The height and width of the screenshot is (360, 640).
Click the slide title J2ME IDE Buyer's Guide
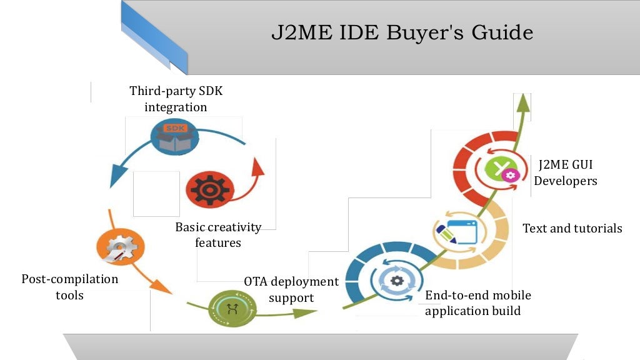(402, 32)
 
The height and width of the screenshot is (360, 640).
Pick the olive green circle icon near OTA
(232, 307)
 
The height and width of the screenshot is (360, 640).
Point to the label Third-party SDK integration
(176, 99)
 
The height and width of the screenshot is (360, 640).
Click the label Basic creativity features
(218, 234)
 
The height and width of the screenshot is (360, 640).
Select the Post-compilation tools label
(69, 286)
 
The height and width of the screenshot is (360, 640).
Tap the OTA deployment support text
(291, 289)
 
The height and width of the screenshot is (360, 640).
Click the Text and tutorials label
(572, 228)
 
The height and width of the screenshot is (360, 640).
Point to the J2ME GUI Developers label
(566, 172)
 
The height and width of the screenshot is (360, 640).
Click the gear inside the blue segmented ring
(397, 281)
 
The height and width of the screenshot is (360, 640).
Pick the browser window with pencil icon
(456, 231)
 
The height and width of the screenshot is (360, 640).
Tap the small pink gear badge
(511, 175)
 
